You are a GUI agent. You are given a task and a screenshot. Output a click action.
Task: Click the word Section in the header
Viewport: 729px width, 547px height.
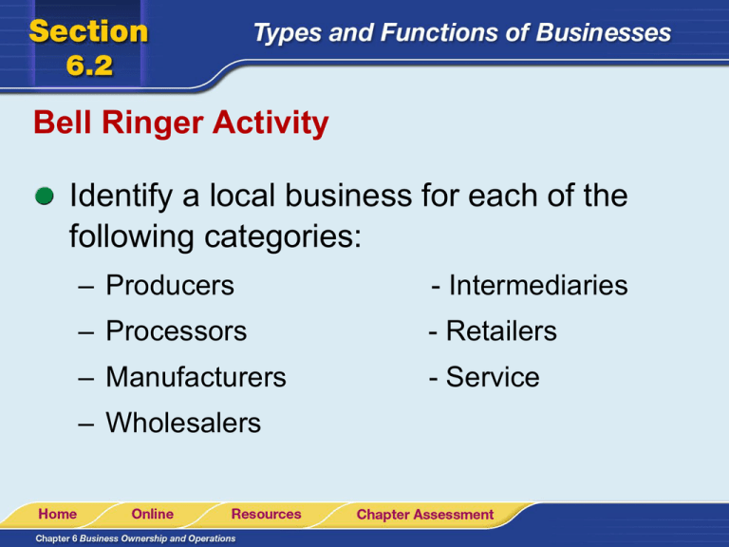(88, 31)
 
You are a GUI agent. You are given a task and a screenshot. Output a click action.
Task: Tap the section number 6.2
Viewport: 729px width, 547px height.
(89, 66)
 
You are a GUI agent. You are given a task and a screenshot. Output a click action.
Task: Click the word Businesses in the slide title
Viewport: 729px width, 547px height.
(604, 32)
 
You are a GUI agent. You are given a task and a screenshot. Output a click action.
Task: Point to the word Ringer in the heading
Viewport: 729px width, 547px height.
(153, 123)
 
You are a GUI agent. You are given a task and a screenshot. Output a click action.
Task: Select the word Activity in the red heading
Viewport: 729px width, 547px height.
(271, 123)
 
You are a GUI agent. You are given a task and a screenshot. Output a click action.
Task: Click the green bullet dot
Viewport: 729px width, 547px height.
(45, 197)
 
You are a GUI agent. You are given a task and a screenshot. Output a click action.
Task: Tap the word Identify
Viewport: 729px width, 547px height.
(121, 197)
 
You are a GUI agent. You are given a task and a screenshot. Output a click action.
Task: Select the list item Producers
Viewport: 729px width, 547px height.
(170, 285)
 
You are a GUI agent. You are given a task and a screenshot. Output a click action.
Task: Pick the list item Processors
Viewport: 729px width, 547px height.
(177, 330)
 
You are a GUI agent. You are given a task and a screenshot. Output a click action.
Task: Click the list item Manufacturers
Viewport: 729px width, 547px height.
(196, 377)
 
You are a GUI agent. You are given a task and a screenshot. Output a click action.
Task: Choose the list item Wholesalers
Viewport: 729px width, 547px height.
(183, 423)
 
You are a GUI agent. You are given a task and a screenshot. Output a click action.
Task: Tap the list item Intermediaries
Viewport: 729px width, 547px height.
(538, 285)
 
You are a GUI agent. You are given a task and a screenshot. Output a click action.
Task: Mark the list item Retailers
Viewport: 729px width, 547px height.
(501, 330)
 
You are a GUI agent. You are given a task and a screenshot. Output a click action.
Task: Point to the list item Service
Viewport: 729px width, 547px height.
(493, 377)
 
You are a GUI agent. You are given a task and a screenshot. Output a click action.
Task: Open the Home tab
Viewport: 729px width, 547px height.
(58, 514)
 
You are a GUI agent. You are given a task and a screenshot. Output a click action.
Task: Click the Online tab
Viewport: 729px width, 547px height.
(152, 514)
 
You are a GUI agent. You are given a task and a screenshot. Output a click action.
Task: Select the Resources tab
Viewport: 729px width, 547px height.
(266, 514)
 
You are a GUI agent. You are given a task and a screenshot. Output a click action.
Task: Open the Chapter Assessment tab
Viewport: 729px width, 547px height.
(425, 515)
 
